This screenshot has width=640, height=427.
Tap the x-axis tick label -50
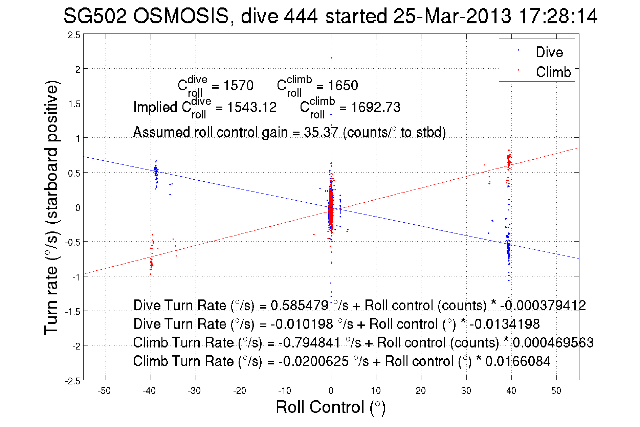(104, 391)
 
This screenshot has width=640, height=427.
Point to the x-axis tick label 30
(466, 391)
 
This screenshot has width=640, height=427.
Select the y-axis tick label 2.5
(74, 35)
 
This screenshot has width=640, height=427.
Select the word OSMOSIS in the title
(181, 16)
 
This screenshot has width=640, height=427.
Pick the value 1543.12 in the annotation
(252, 108)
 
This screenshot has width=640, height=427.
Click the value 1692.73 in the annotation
(375, 108)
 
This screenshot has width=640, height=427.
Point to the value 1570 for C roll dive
(238, 86)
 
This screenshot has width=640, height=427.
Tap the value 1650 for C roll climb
(343, 86)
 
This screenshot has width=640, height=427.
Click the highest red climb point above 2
(331, 58)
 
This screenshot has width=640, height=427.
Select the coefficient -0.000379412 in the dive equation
(543, 306)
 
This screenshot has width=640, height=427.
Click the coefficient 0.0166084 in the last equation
(518, 361)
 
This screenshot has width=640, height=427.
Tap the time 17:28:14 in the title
(558, 16)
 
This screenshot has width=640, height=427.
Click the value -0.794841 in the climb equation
(309, 343)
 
